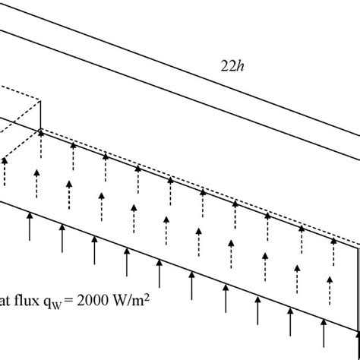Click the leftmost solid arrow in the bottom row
tap(30, 224)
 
